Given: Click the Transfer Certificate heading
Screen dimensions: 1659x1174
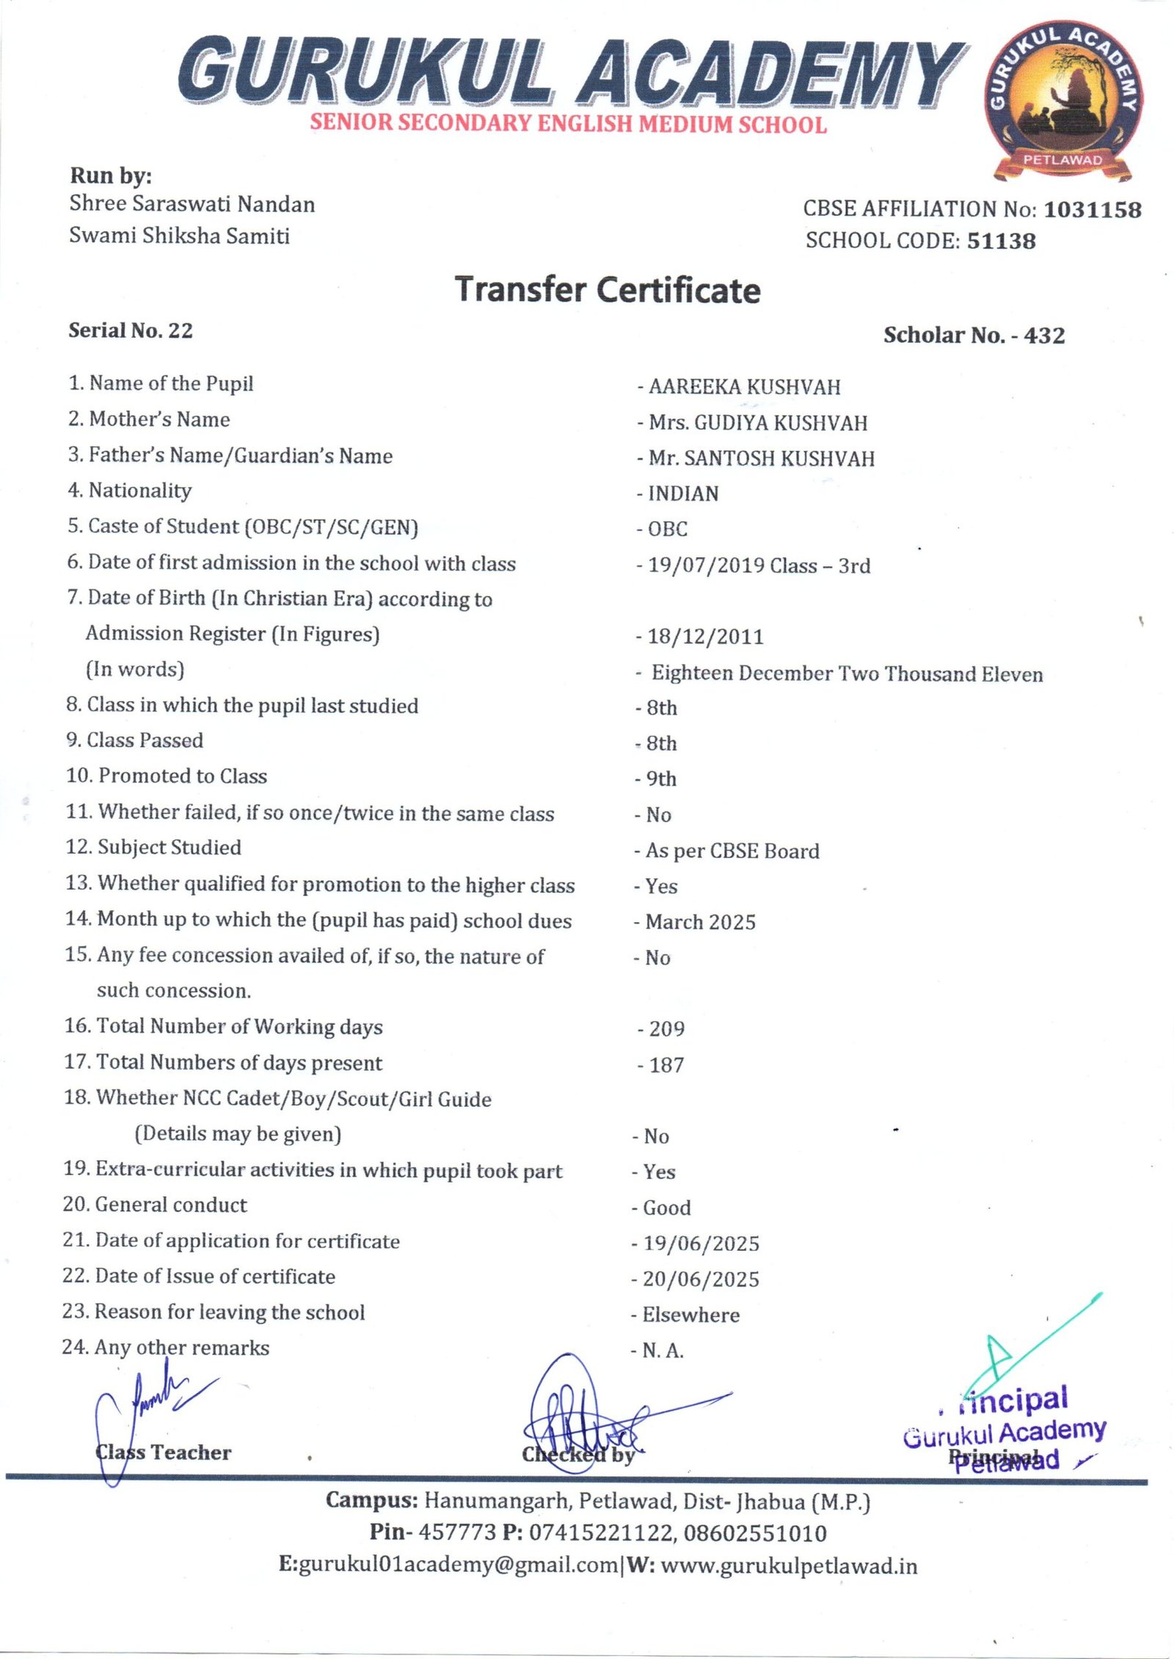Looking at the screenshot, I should pos(608,290).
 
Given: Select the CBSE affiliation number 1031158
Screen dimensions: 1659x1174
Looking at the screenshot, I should pos(1092,210).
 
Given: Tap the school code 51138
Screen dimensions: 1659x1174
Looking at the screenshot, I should pos(1001,241).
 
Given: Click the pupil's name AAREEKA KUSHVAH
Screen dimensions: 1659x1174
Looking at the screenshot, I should pos(744,387).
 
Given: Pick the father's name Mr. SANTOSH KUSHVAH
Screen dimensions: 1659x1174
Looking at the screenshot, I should pos(761,459).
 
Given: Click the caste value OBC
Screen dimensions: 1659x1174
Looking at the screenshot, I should pos(667,529).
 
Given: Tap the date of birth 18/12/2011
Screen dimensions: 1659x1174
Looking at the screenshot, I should pos(705,636).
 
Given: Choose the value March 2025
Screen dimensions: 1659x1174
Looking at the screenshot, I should pos(700,922).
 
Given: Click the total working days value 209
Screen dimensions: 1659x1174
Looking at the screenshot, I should pos(666,1029).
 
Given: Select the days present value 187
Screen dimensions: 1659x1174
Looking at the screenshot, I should pos(666,1065).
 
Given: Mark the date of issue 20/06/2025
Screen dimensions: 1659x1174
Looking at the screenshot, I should pos(701,1279).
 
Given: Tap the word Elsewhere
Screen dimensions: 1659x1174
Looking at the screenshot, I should pos(690,1315).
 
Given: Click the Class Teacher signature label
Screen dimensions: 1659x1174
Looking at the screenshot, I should pos(163,1452).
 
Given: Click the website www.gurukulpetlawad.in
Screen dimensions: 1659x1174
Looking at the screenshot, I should pos(789,1566).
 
